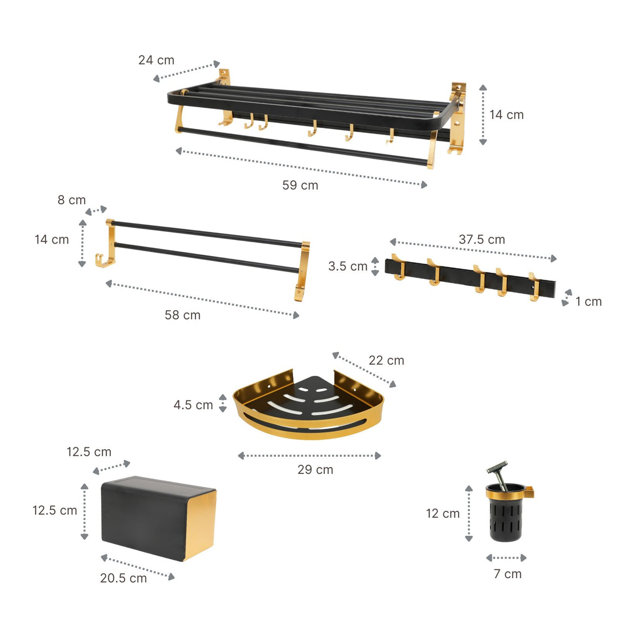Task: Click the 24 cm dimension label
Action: point(156,60)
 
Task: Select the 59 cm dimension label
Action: point(300,185)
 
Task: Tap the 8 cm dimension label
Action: point(71,200)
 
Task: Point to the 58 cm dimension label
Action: point(182,315)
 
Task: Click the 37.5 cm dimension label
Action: point(482,240)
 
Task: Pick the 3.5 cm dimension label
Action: point(348,267)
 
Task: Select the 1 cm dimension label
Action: point(588,302)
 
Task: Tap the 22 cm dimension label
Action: point(386,361)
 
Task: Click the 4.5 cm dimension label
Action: point(193,405)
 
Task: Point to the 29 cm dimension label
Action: point(315,470)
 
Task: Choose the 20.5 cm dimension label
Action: point(123,578)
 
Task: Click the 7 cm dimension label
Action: point(508,574)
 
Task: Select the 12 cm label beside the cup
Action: point(443,514)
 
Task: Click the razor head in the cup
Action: point(495,467)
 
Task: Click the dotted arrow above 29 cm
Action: point(309,456)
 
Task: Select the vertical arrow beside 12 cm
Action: point(469,513)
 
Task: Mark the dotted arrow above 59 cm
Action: point(301,168)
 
